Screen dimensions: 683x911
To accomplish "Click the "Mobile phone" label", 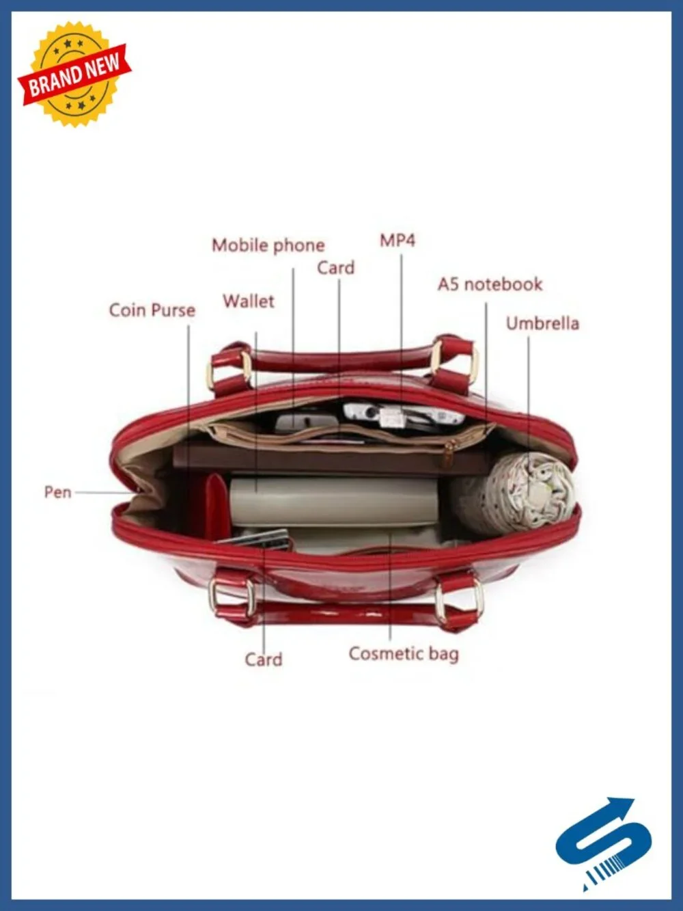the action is coord(268,246).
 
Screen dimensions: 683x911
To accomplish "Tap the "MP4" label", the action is coord(398,241).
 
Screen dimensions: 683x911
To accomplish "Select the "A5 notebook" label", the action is coord(490,284).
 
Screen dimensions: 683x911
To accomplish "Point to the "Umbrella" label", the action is coord(542,323).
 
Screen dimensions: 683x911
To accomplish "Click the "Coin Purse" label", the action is coord(152,310).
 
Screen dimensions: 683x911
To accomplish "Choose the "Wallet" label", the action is coord(249,301).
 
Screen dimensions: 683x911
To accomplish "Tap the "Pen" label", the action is coord(57,492).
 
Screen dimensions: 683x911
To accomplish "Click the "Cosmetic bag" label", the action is coord(404,653).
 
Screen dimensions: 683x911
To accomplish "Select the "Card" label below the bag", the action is coord(264,659).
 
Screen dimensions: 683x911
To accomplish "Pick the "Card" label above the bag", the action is coord(336,268).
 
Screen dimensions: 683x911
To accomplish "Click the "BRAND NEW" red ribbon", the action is coord(74,74).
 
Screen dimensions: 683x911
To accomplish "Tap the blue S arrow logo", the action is coord(603,847).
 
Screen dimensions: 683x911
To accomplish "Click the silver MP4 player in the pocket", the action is coord(402,413).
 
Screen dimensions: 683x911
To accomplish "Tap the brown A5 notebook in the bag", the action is coord(332,460).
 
